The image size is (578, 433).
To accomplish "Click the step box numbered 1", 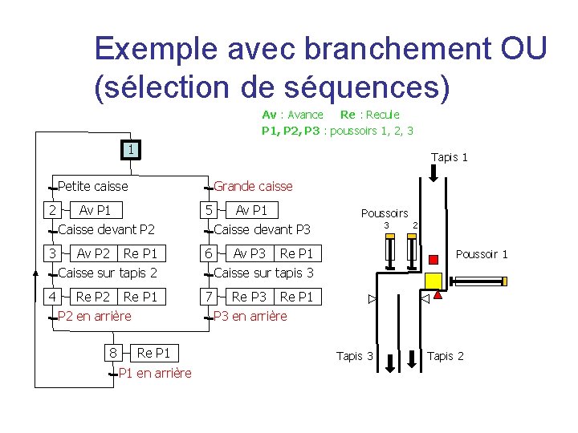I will [130, 149].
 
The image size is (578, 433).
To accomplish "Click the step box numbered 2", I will [51, 210].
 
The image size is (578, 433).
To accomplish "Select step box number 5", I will [208, 210].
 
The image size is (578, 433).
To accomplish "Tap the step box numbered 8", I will [113, 353].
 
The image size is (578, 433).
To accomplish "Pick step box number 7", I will [208, 297].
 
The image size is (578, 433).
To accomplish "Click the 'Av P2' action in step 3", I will [94, 253].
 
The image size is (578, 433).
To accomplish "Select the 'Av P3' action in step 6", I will [250, 253].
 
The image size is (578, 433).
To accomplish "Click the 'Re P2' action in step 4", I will [93, 297].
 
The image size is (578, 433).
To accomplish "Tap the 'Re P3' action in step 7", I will [249, 297].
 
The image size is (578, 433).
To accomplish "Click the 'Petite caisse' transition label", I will [93, 186].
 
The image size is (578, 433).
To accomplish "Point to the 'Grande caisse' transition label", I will [253, 186].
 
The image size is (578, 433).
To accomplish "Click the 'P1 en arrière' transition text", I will [155, 373].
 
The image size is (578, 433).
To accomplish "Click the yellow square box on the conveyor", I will [433, 281].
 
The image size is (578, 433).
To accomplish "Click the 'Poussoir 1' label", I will [482, 254].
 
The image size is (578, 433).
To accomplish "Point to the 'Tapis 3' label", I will [354, 356].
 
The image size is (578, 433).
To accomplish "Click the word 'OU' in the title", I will [523, 49].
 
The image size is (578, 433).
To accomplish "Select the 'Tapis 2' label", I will [446, 356].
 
